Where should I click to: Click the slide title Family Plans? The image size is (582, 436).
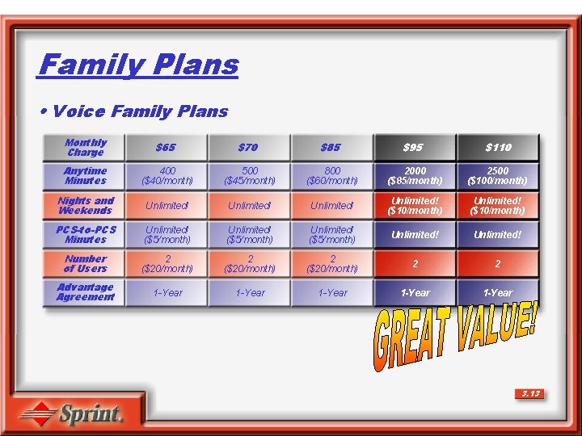pyautogui.click(x=138, y=65)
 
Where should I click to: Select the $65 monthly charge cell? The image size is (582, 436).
pyautogui.click(x=167, y=148)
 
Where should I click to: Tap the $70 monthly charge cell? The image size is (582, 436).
pyautogui.click(x=250, y=148)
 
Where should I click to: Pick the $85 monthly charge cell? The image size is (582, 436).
pyautogui.click(x=331, y=148)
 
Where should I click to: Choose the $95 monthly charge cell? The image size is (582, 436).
pyautogui.click(x=415, y=148)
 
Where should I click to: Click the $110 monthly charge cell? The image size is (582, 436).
pyautogui.click(x=497, y=148)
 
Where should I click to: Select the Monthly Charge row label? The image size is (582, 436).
pyautogui.click(x=86, y=148)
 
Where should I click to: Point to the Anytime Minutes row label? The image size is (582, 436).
pyautogui.click(x=86, y=176)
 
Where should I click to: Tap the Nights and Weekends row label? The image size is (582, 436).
pyautogui.click(x=86, y=206)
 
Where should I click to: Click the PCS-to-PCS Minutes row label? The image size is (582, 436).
pyautogui.click(x=86, y=235)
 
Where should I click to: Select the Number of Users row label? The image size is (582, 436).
pyautogui.click(x=86, y=264)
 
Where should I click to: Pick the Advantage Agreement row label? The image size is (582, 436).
pyautogui.click(x=86, y=292)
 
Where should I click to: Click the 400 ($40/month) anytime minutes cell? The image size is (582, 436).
pyautogui.click(x=167, y=176)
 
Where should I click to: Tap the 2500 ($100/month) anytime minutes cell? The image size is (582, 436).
pyautogui.click(x=497, y=176)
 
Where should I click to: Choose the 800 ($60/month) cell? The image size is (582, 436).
pyautogui.click(x=331, y=176)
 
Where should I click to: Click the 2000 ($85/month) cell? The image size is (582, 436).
pyautogui.click(x=415, y=176)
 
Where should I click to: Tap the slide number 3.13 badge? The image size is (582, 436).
pyautogui.click(x=529, y=394)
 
